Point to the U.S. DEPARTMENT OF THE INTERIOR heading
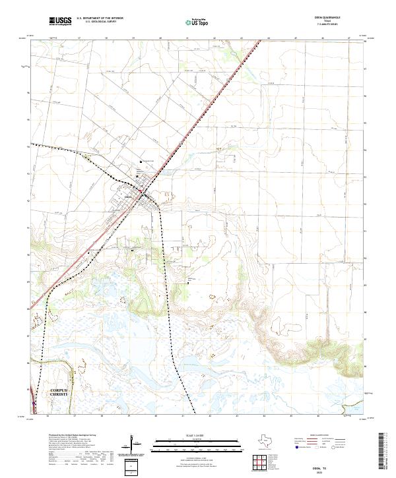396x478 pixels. pos(100,18)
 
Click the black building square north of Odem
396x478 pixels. pos(141,164)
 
